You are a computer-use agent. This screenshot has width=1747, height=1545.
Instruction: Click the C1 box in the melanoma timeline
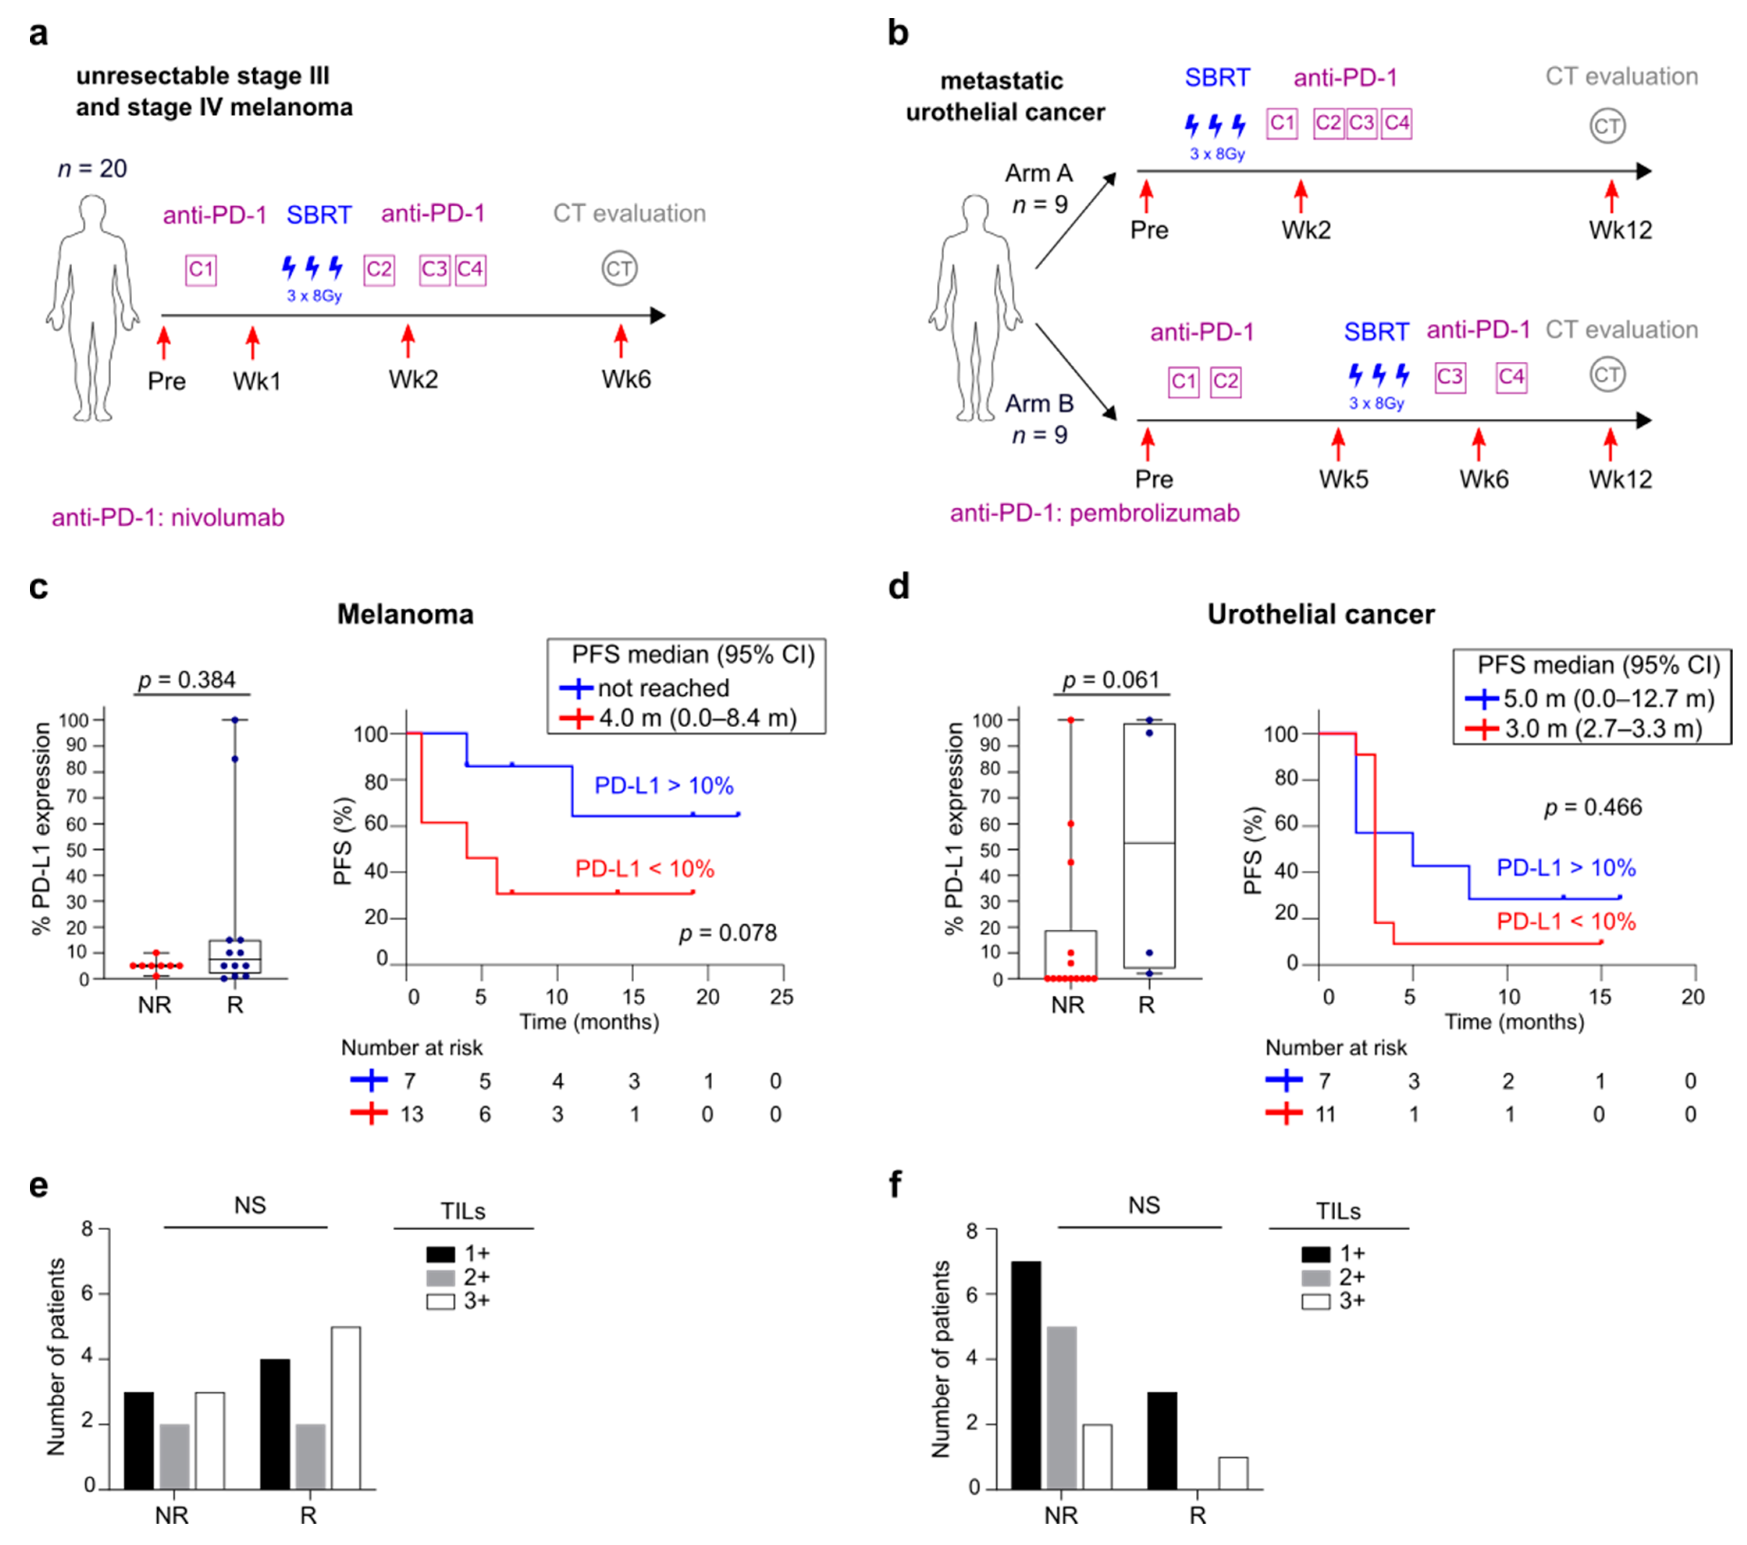201,270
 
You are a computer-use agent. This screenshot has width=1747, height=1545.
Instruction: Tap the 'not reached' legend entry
663,688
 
